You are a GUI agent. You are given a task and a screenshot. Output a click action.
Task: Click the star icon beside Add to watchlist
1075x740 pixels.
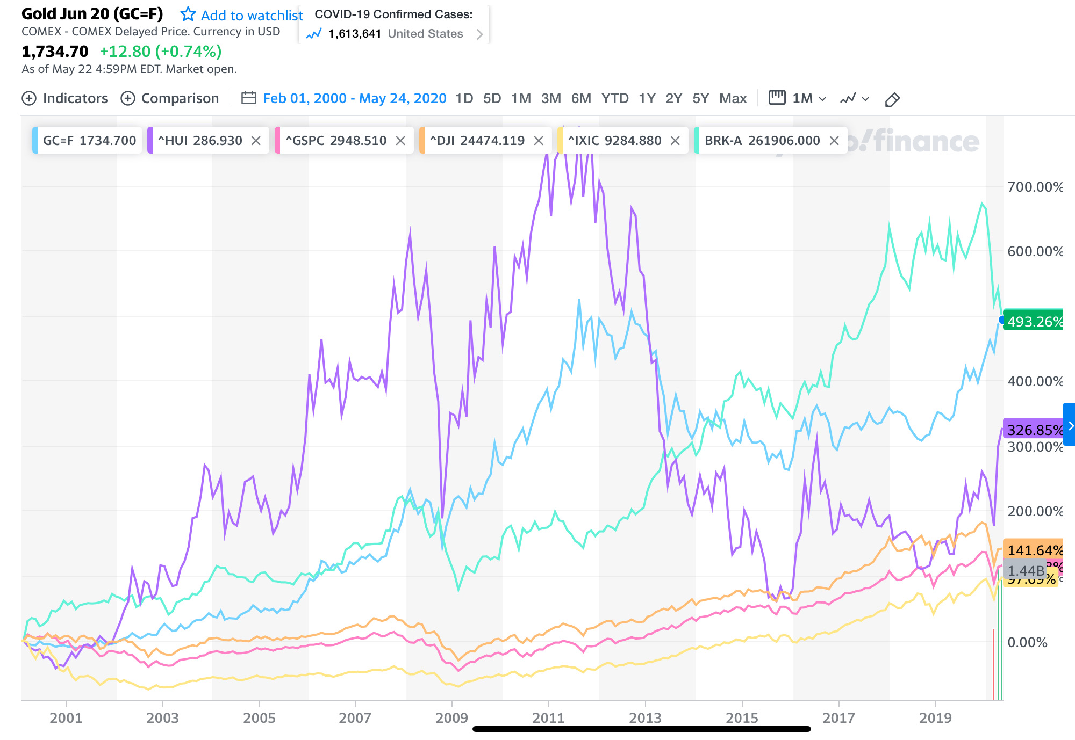[x=188, y=14]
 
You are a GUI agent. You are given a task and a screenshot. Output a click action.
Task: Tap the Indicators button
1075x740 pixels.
[x=64, y=98]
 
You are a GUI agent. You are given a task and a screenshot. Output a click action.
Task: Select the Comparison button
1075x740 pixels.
[x=170, y=98]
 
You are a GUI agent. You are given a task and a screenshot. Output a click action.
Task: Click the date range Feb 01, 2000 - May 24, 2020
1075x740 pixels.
[x=354, y=98]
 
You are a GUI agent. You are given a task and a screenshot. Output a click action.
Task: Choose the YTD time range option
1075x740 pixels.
[x=615, y=98]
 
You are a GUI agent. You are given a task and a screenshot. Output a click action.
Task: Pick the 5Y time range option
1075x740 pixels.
[x=700, y=98]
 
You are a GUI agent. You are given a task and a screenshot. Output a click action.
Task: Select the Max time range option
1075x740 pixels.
[x=733, y=98]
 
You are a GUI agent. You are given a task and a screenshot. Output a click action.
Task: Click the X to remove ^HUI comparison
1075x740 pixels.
[x=256, y=141]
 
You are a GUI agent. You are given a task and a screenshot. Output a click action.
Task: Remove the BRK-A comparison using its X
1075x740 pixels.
[x=834, y=141]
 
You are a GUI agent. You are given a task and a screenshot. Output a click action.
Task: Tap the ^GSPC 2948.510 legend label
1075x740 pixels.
[x=336, y=141]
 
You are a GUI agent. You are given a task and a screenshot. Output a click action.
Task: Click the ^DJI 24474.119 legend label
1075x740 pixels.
[x=477, y=141]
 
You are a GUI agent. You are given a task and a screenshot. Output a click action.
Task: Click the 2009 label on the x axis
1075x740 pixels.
[x=451, y=718]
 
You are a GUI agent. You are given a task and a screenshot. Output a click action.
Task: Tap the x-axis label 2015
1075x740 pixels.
[x=742, y=718]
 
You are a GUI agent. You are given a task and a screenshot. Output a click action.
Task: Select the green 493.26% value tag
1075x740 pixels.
[x=1034, y=321]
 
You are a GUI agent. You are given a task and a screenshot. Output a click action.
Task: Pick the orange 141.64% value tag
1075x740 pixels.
[x=1034, y=550]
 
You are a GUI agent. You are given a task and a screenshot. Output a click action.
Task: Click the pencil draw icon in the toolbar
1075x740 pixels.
[x=892, y=99]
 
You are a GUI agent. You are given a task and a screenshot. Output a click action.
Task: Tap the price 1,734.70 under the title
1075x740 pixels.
[x=55, y=52]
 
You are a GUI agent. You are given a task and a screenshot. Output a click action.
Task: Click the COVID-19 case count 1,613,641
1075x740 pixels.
[x=355, y=34]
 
